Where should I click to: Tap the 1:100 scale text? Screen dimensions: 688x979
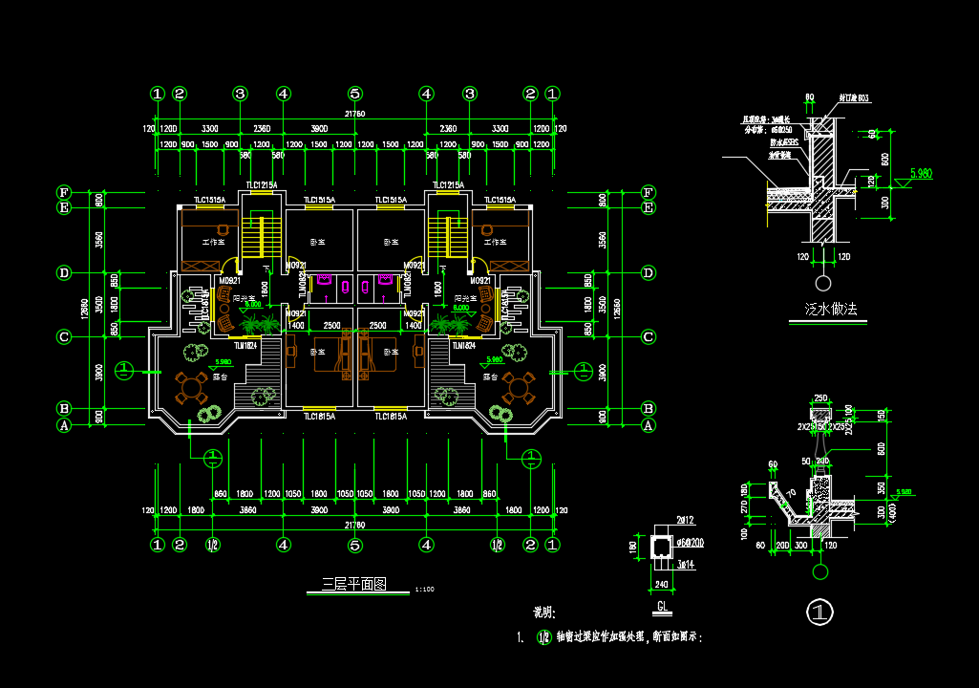425,589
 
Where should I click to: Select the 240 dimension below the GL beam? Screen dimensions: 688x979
661,584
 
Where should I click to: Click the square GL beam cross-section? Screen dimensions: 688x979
660,546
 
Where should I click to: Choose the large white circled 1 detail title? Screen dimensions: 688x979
819,611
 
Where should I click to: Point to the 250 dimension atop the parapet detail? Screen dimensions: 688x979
820,398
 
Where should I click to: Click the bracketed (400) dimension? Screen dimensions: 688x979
893,515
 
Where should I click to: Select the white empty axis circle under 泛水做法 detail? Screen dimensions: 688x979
821,283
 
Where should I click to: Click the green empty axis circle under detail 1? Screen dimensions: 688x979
819,571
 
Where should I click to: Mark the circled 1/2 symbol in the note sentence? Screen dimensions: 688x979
543,637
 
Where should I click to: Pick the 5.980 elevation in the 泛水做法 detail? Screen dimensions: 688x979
921,173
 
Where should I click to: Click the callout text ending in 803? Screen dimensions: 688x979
855,97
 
